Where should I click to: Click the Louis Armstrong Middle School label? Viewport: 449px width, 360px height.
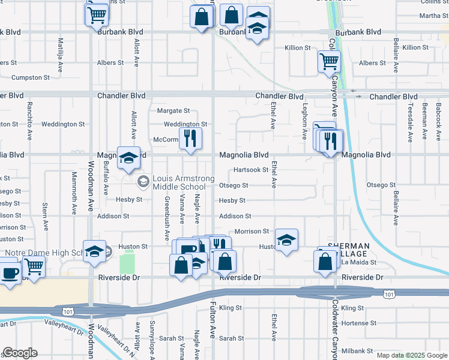click(175, 182)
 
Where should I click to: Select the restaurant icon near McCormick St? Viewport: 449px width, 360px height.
click(190, 139)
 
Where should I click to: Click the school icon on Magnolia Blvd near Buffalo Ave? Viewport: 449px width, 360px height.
click(128, 158)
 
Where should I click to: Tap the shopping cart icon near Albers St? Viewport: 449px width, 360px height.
click(329, 61)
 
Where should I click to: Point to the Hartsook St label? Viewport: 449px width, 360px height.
click(251, 170)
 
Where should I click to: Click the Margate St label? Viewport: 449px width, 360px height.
click(173, 111)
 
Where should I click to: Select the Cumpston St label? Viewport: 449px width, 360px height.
click(30, 78)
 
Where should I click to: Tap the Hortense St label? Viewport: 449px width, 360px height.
click(360, 323)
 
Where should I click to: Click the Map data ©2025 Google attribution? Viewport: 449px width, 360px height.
click(411, 355)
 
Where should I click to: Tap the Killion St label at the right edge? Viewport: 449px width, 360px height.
click(416, 47)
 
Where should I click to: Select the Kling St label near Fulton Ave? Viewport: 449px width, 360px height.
click(231, 308)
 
